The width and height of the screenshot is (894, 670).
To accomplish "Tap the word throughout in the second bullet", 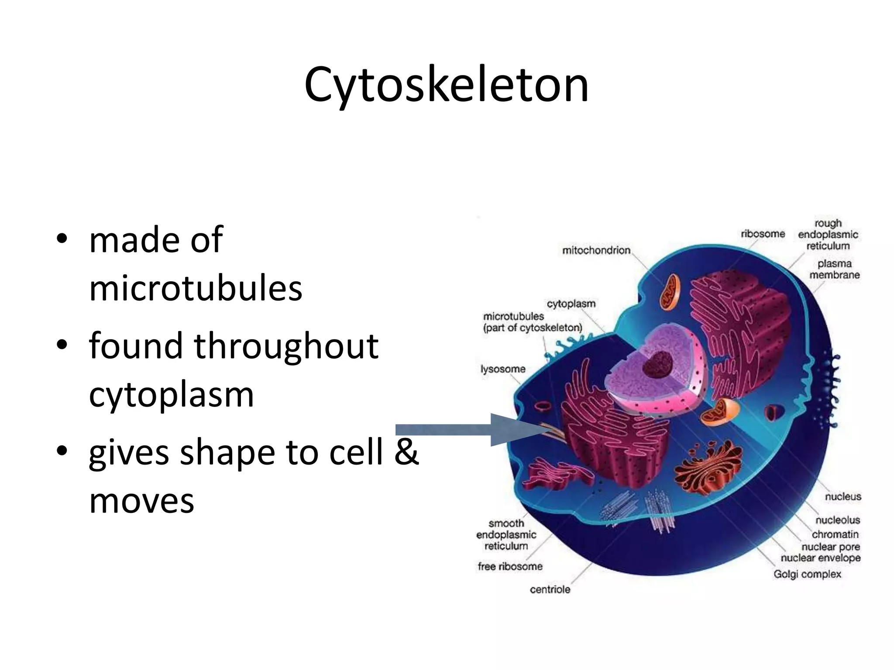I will (x=286, y=345).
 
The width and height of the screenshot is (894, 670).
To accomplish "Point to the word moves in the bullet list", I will (x=141, y=500).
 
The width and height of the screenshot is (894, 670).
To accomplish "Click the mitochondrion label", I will (x=596, y=250).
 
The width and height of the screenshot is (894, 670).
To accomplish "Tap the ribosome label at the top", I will (x=763, y=234).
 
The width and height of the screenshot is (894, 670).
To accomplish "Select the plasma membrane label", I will (x=834, y=269).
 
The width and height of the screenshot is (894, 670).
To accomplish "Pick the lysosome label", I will (x=503, y=369).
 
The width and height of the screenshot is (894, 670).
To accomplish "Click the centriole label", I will (x=550, y=590).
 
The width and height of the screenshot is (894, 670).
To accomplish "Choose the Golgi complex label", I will (x=807, y=574).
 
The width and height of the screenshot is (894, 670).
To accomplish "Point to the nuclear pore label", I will (x=830, y=547).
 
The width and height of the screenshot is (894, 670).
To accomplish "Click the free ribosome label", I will (x=510, y=567).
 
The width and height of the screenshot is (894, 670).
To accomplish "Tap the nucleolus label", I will (x=838, y=520).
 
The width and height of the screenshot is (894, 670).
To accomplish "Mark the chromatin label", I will (x=835, y=534).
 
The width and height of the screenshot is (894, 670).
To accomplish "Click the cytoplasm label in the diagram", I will (x=571, y=304).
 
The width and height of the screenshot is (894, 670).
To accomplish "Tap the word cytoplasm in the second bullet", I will (x=171, y=394).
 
